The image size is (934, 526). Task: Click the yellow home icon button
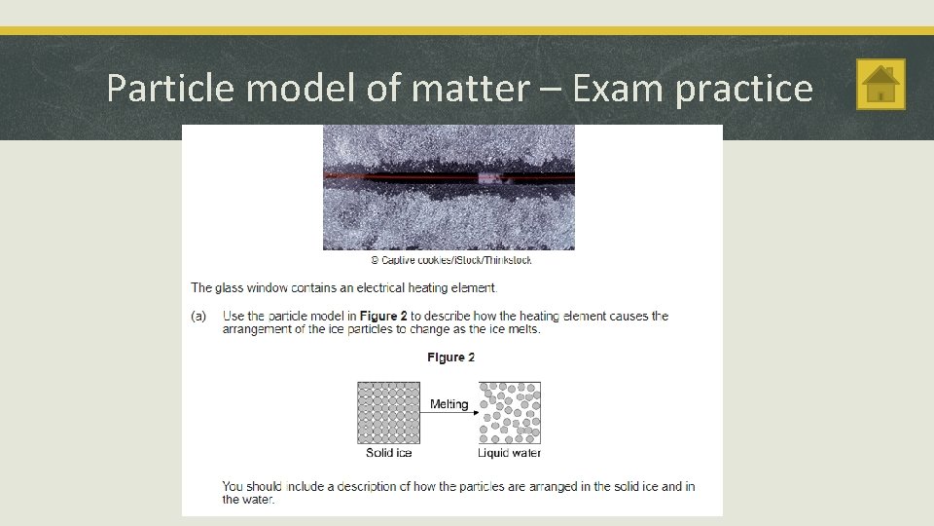coord(880,85)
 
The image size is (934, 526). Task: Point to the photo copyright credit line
coord(450,260)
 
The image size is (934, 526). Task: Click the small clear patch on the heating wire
coord(489,178)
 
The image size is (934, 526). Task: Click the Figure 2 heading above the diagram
coord(450,357)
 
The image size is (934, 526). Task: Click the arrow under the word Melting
coord(449,413)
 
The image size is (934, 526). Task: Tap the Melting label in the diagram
coord(449,403)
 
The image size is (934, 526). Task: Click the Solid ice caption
coord(388,453)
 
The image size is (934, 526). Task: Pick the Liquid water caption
coord(509,453)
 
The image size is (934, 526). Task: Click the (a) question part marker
coord(198,316)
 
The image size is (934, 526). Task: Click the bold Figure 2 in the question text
coord(383,316)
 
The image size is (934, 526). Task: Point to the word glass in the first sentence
coord(229,287)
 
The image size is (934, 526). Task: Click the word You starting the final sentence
coord(233,486)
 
